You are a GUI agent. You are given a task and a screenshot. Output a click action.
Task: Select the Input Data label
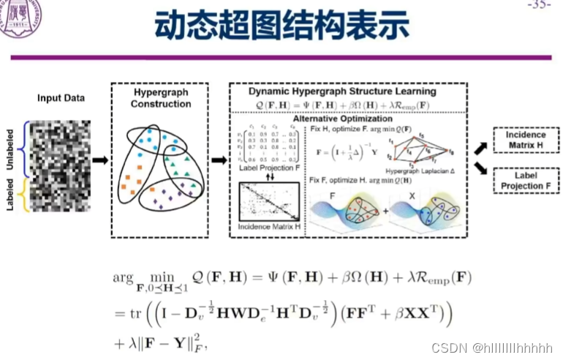click(61, 98)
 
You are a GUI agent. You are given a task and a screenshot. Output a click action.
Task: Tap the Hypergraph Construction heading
click(161, 98)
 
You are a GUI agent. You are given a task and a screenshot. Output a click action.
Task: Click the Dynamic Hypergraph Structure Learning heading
click(342, 91)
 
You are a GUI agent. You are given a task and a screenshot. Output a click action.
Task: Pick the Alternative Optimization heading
click(343, 118)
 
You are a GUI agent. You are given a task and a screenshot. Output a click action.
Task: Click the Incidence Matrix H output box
click(525, 140)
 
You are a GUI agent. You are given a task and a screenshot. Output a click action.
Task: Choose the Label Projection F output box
click(525, 180)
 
